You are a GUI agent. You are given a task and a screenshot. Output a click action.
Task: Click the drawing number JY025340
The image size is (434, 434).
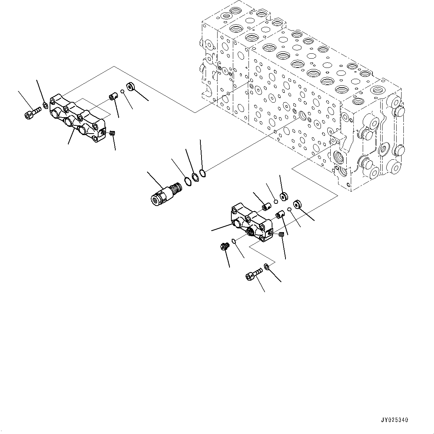point(395,420)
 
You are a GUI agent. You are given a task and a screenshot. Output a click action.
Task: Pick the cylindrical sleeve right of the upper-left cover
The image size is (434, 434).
point(113,98)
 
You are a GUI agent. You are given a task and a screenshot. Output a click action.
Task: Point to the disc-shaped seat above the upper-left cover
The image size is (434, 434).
point(130,87)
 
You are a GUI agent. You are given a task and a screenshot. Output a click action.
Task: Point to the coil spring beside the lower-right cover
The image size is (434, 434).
point(282,234)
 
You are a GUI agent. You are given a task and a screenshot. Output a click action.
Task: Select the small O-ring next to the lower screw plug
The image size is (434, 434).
point(234,241)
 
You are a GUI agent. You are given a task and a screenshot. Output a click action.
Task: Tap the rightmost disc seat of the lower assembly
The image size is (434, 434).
point(297,204)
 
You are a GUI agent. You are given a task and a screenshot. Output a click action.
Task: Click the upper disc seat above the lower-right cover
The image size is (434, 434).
point(283,196)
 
